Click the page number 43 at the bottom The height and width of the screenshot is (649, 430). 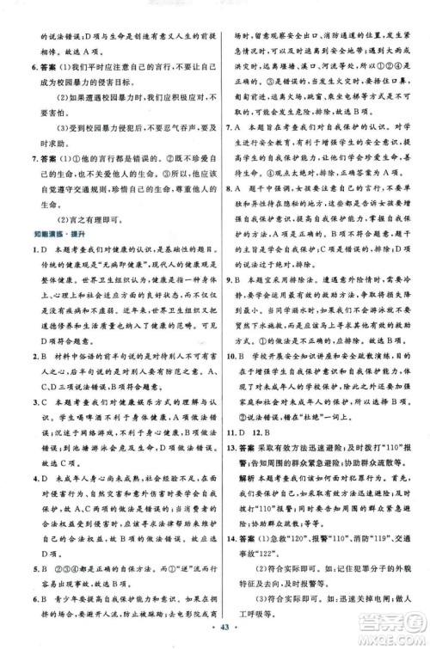point(213,633)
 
